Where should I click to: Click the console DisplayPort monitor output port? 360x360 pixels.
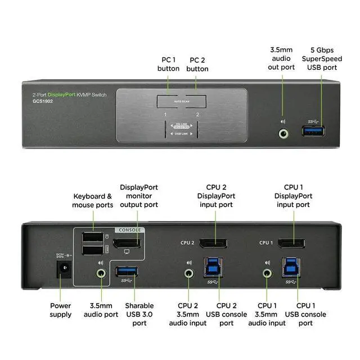(x=127, y=244)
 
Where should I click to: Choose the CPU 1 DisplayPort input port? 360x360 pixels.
(x=292, y=243)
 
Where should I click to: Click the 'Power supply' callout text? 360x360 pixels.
(x=61, y=310)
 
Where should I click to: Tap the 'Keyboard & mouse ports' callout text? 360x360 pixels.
(x=93, y=201)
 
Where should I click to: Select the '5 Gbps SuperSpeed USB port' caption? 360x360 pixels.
(x=319, y=58)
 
